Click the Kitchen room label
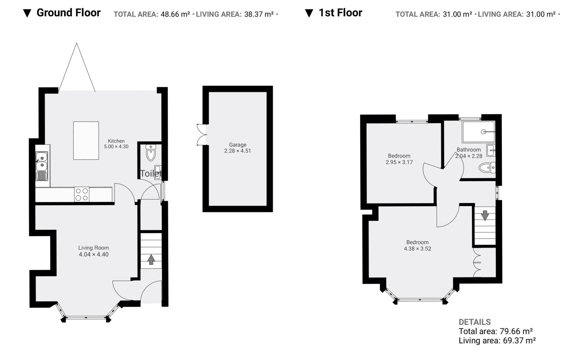pyautogui.click(x=116, y=141)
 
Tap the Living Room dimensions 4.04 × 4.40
pyautogui.click(x=94, y=255)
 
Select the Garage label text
pyautogui.click(x=238, y=145)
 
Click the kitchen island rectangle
pyautogui.click(x=86, y=141)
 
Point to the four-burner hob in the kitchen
pyautogui.click(x=82, y=194)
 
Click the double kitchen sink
pyautogui.click(x=42, y=166)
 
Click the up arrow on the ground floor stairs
pyautogui.click(x=151, y=259)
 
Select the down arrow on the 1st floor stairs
pyautogui.click(x=485, y=216)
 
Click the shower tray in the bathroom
pyautogui.click(x=478, y=132)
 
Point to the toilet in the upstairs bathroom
pyautogui.click(x=487, y=168)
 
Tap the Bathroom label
pyautogui.click(x=469, y=150)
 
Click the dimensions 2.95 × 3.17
pyautogui.click(x=399, y=162)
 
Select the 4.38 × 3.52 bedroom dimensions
pyautogui.click(x=417, y=249)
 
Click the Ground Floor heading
pyautogui.click(x=68, y=13)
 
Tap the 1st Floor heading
pyautogui.click(x=340, y=13)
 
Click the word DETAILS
pyautogui.click(x=475, y=322)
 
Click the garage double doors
pyautogui.click(x=201, y=135)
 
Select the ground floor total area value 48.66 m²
pyautogui.click(x=175, y=14)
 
